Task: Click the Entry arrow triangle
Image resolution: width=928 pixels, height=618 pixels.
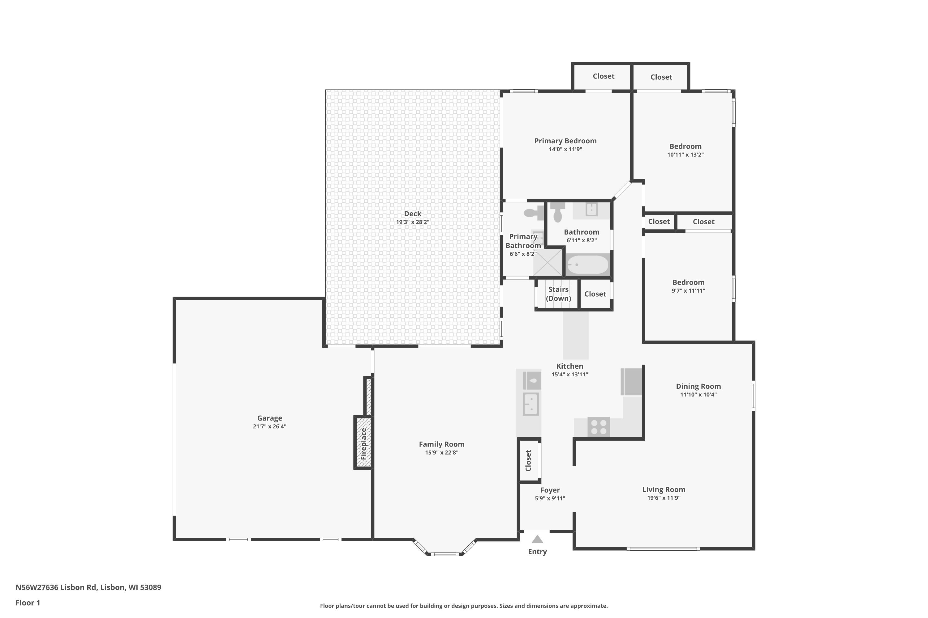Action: [x=537, y=539]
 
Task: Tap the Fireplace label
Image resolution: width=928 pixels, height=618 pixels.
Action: [x=363, y=444]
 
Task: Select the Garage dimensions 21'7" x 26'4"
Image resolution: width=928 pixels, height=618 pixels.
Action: [x=269, y=426]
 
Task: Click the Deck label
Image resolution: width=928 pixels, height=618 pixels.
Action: [x=412, y=214]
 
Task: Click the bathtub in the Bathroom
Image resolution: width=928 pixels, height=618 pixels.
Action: [x=587, y=265]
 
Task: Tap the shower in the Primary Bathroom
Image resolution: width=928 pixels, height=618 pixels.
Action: [x=548, y=262]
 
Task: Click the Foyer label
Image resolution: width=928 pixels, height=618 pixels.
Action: [x=550, y=490]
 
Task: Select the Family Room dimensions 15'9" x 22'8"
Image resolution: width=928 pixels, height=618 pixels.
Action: [x=441, y=452]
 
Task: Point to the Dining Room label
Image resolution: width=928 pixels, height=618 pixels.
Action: [x=698, y=386]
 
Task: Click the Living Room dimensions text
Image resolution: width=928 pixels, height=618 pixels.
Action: [x=664, y=498]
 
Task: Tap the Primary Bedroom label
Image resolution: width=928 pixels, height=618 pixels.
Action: [x=565, y=141]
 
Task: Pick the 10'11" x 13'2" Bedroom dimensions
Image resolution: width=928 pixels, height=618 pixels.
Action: [x=685, y=154]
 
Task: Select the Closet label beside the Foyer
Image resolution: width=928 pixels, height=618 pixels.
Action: [x=528, y=460]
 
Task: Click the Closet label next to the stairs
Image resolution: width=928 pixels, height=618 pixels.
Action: [x=595, y=294]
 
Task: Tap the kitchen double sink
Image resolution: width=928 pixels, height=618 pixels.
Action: [x=531, y=404]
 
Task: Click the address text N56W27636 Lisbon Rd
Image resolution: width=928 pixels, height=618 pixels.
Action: [x=56, y=587]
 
